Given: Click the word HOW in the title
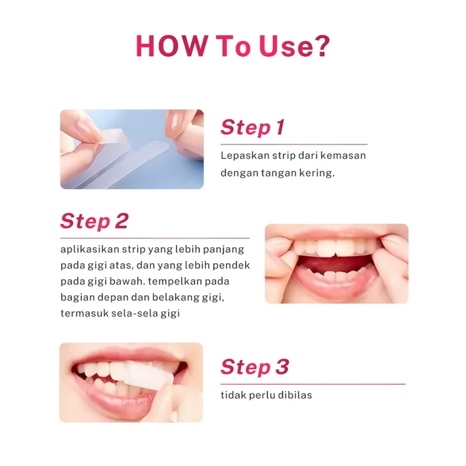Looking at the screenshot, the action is point(171,46).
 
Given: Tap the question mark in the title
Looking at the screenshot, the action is point(322,46).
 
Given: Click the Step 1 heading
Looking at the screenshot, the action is point(253,127).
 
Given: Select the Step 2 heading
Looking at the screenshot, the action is point(94,221).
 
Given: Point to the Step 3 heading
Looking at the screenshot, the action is point(255,367).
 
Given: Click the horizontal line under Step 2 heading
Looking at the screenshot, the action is point(155,238).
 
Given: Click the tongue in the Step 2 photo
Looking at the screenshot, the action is point(336,264).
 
